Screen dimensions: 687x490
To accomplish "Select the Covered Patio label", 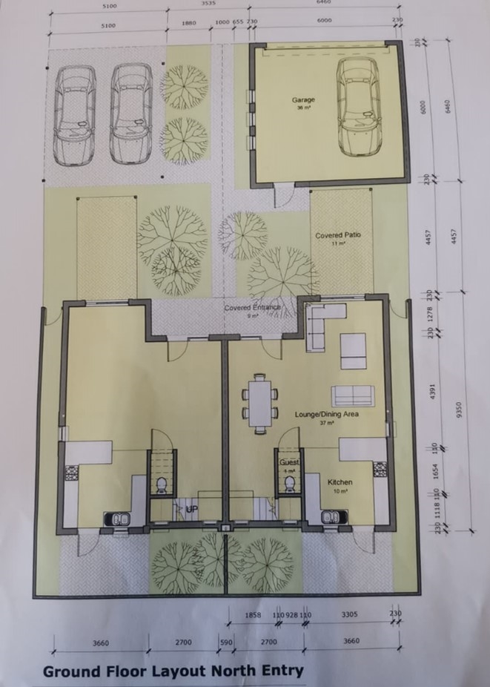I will coord(337,236).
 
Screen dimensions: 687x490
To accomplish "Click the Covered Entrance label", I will coord(253,307).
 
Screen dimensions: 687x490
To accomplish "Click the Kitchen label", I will coord(340,482).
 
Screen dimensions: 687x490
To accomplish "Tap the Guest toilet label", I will coord(288,462).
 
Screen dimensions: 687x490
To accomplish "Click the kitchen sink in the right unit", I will coord(331,516).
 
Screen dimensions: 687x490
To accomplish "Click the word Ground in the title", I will coord(70,671).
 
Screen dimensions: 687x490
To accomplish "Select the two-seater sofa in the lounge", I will coord(353,395).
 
